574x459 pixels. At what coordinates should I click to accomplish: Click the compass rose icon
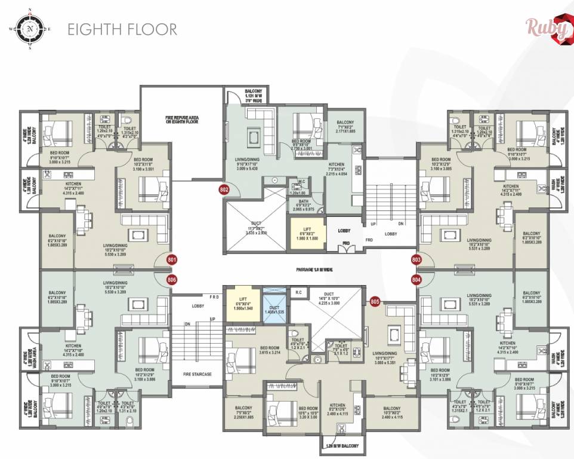pyautogui.click(x=29, y=29)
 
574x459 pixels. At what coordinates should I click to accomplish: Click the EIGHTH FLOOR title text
pyautogui.click(x=122, y=29)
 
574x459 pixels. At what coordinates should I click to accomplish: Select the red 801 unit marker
pyautogui.click(x=172, y=260)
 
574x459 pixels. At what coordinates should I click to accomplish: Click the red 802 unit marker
pyautogui.click(x=224, y=190)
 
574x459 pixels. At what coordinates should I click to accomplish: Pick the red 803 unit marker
pyautogui.click(x=416, y=260)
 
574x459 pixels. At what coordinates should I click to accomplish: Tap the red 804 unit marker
pyautogui.click(x=416, y=279)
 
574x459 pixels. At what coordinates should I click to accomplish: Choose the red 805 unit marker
pyautogui.click(x=375, y=302)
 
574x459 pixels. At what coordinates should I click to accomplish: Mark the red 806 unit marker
pyautogui.click(x=172, y=279)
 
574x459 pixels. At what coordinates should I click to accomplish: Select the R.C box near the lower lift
pyautogui.click(x=298, y=292)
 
